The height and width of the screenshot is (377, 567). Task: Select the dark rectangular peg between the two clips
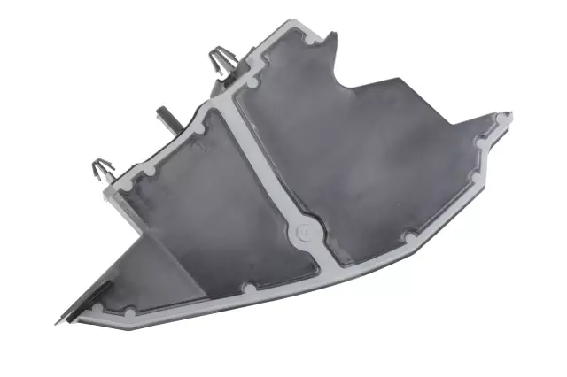coord(166,118)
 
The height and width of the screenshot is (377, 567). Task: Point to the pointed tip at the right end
coord(509,113)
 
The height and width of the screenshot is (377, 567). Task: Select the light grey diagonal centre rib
coord(266,168)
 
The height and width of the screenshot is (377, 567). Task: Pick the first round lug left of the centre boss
coord(251,289)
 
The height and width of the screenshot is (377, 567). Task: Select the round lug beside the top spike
coord(310,39)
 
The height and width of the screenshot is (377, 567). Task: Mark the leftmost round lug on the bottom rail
coord(130,312)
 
